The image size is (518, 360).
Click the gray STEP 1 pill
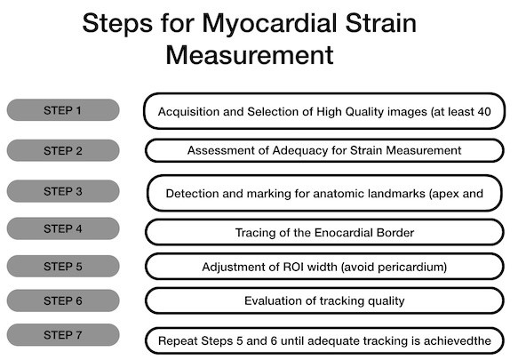(63, 109)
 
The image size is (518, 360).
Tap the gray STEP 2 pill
(63, 150)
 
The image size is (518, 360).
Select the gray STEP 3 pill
(63, 191)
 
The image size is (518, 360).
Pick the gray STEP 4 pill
(63, 228)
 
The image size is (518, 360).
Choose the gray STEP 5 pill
(63, 266)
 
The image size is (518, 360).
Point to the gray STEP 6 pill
(63, 300)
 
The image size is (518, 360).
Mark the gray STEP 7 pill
(63, 335)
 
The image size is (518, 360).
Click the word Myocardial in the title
(269, 24)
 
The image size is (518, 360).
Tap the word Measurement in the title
(250, 55)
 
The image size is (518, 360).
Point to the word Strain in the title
(381, 23)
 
